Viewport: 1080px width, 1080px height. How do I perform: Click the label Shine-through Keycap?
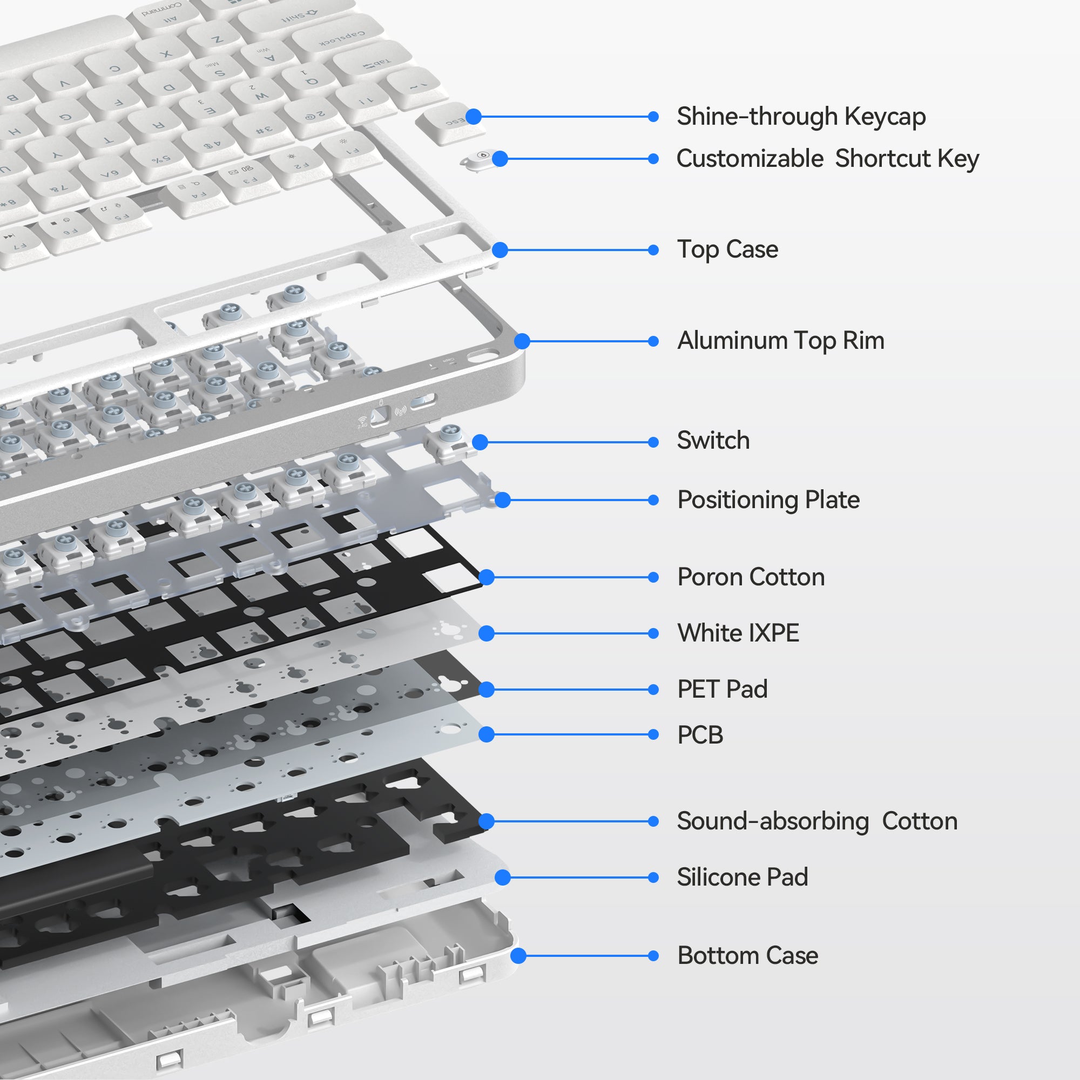coord(800,117)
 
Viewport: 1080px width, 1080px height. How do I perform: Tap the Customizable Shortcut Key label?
coord(827,159)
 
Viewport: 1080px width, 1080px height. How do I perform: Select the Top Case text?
coord(727,249)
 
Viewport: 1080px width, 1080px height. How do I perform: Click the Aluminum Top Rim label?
coord(780,341)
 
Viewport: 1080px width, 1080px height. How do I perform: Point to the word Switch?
coord(713,441)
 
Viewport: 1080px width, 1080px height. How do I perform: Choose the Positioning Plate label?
coord(768,500)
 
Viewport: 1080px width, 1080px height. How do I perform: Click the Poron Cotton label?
coord(751,577)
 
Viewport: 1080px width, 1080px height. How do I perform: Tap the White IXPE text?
coord(738,633)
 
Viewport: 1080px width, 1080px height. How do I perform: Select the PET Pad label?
coord(721,688)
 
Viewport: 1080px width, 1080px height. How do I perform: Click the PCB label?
coord(700,734)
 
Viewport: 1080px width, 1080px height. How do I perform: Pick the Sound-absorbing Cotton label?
coord(816,821)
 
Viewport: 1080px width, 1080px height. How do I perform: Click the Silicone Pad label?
coord(742,877)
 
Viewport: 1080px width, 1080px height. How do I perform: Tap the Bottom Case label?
coord(747,955)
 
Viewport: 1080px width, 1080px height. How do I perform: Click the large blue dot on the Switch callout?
coord(480,442)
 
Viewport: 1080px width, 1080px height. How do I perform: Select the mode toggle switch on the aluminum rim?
coord(380,415)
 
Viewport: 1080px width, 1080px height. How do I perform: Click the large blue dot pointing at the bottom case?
coord(519,956)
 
